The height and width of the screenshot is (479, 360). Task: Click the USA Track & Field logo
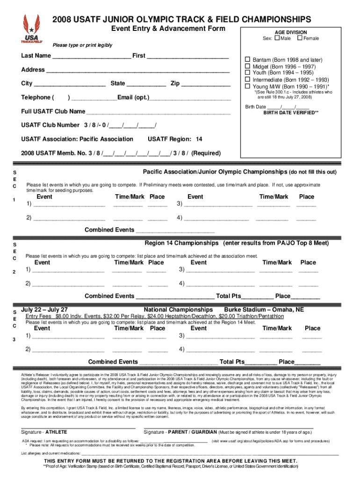point(32,29)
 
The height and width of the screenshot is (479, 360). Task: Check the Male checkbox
point(277,38)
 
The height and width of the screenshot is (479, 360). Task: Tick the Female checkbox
point(300,38)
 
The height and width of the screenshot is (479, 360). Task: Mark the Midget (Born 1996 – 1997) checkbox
point(248,67)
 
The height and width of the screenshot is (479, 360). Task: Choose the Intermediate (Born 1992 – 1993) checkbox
point(248,80)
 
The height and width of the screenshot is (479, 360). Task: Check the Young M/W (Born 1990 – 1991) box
point(248,86)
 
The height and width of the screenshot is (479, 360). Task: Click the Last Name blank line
point(92,57)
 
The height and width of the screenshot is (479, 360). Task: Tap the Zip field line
point(206,85)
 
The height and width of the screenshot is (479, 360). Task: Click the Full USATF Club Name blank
point(158,113)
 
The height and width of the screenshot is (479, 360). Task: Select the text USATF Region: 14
point(175,139)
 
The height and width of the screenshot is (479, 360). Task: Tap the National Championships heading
point(178,310)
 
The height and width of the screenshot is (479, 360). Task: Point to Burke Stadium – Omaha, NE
point(264,310)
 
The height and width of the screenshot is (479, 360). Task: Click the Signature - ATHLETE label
point(44,432)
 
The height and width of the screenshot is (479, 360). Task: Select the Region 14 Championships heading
point(181,243)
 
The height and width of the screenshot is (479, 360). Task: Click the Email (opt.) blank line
point(190,99)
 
